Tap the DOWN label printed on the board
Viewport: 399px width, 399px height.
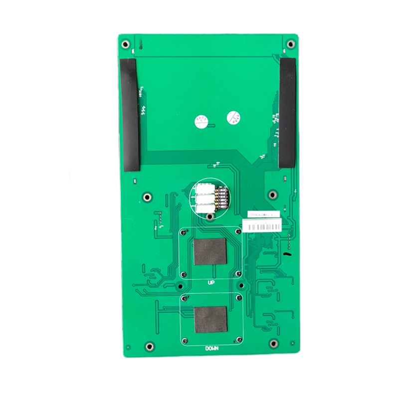click(x=211, y=348)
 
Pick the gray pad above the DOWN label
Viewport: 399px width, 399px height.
click(x=210, y=319)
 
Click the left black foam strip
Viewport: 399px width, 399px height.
click(x=130, y=114)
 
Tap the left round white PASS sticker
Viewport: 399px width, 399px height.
click(x=201, y=120)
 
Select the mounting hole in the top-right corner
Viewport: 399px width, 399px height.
click(x=290, y=43)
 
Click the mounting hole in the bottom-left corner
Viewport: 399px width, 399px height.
click(x=148, y=346)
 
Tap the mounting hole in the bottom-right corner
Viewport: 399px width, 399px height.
click(x=273, y=344)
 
